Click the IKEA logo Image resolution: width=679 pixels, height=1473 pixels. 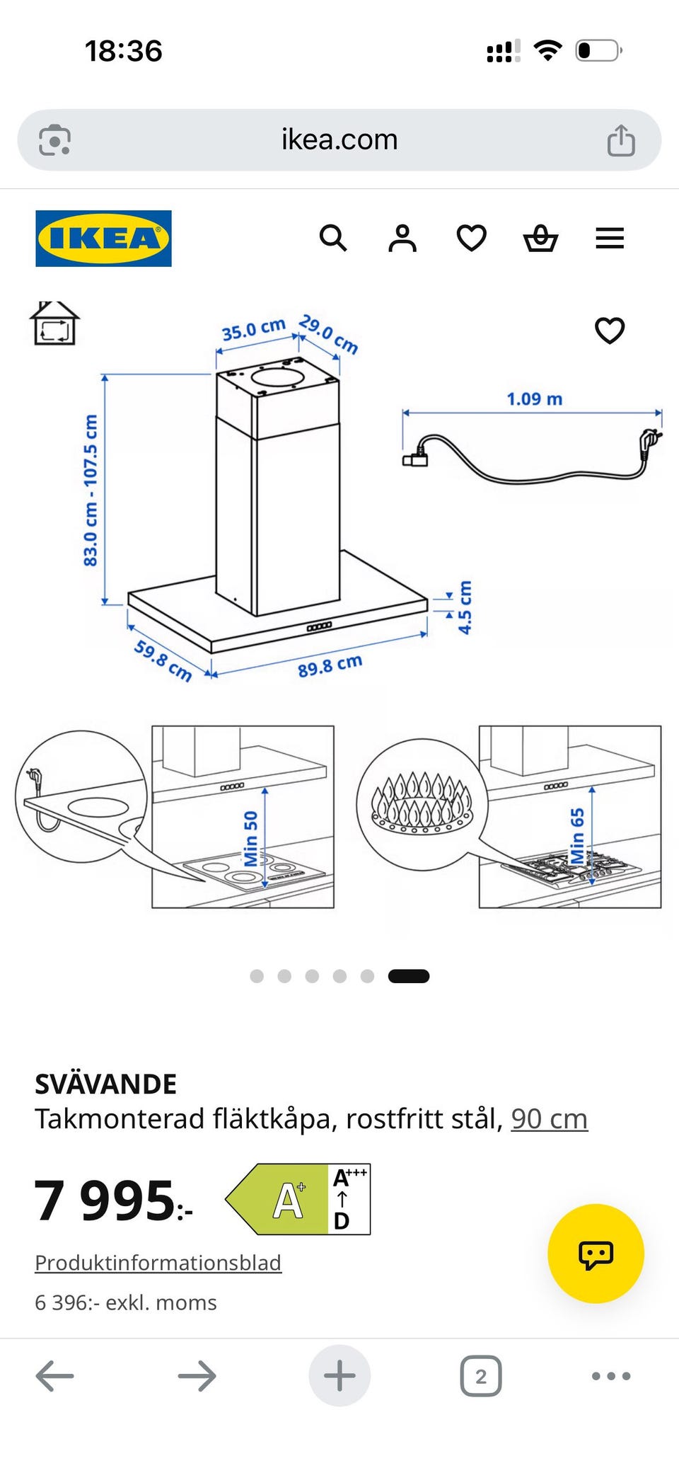(x=103, y=239)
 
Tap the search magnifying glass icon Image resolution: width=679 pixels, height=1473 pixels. (x=333, y=239)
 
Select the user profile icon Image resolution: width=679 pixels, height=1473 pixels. (x=402, y=239)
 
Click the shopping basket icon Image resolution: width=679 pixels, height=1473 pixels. (x=541, y=239)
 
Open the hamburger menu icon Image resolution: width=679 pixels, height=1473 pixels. (x=610, y=239)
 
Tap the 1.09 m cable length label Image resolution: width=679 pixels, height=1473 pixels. (x=535, y=399)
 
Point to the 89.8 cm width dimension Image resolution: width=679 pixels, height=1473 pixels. (x=330, y=665)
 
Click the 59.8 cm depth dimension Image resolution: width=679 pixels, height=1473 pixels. (x=163, y=660)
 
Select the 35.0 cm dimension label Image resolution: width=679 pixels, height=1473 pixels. (x=253, y=329)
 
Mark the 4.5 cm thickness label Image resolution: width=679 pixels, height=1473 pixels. (x=465, y=607)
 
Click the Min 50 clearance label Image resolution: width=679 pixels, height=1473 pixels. (x=251, y=839)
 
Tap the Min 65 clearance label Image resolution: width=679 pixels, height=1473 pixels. (x=578, y=836)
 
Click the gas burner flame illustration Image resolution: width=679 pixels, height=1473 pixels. (x=423, y=802)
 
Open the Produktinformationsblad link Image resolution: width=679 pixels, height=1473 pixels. (x=158, y=1263)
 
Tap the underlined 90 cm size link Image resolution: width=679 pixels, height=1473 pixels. (x=550, y=1119)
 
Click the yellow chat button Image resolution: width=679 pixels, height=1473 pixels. (x=596, y=1254)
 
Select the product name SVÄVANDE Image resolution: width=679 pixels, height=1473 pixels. (x=106, y=1084)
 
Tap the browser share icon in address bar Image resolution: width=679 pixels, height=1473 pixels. (x=621, y=139)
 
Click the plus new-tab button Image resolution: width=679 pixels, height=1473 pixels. (x=339, y=1376)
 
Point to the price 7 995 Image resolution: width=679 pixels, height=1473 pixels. (x=113, y=1200)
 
